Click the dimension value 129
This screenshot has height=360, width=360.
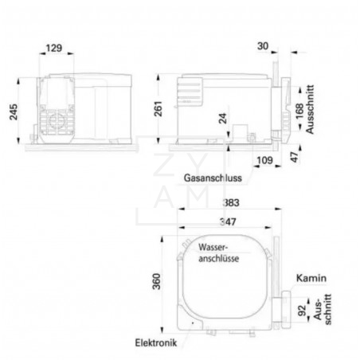click(54, 48)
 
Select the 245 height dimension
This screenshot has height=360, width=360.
click(14, 112)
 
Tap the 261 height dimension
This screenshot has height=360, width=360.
click(158, 108)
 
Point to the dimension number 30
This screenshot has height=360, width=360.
click(263, 46)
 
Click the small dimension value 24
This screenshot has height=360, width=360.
click(223, 118)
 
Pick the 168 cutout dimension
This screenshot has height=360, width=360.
click(299, 112)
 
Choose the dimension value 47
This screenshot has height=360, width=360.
click(295, 157)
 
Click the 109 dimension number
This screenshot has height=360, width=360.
click(264, 160)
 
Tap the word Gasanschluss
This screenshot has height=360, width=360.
click(213, 178)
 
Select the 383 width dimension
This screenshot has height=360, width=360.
click(231, 202)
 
